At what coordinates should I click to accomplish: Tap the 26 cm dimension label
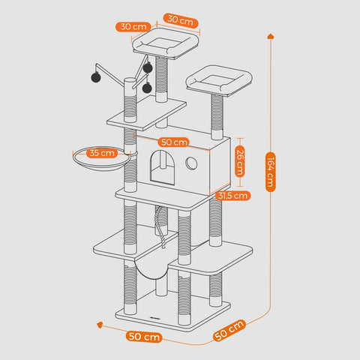point(240,160)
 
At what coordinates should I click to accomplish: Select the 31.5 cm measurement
point(232,196)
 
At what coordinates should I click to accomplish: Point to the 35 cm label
point(103,153)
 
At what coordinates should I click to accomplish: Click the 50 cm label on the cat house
point(174,142)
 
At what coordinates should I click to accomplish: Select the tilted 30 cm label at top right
point(180,20)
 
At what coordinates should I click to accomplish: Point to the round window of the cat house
point(192,163)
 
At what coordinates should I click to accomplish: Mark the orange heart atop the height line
point(270,34)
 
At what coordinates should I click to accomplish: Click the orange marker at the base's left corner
point(98,325)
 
